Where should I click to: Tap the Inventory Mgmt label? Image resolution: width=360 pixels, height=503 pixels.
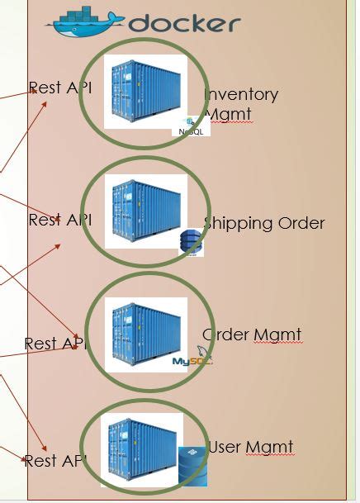tap(239, 104)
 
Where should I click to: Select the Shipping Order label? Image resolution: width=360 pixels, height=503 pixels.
tap(264, 223)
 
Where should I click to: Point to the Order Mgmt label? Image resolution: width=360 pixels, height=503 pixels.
tap(252, 335)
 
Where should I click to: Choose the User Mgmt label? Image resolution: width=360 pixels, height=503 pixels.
tap(251, 448)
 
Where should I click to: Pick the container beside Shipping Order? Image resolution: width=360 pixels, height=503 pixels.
tap(145, 211)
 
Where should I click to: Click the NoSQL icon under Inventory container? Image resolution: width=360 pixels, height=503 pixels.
tap(191, 126)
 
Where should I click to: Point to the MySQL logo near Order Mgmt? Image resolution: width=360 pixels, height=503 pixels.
tap(192, 358)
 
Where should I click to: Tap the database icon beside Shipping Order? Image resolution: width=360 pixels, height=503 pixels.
tap(192, 241)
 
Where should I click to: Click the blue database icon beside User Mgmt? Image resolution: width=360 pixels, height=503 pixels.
tap(193, 466)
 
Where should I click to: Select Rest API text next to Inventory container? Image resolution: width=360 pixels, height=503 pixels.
tap(59, 88)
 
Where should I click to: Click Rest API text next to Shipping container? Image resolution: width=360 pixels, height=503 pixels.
tap(59, 220)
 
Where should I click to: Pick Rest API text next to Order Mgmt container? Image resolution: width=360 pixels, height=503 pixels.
tap(55, 344)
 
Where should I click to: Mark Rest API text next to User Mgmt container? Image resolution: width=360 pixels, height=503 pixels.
tap(55, 461)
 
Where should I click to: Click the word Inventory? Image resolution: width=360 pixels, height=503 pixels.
tap(241, 94)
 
